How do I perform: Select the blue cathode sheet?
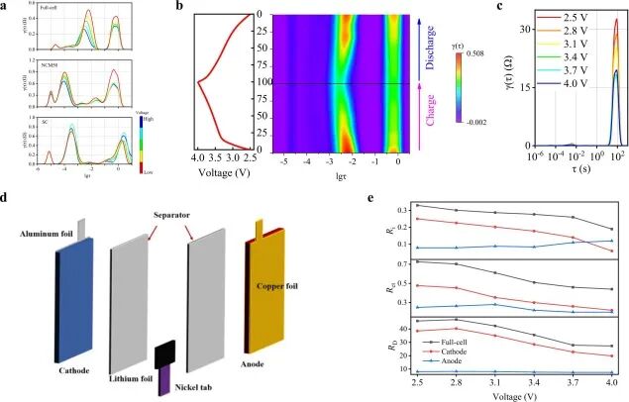tap(77, 297)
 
